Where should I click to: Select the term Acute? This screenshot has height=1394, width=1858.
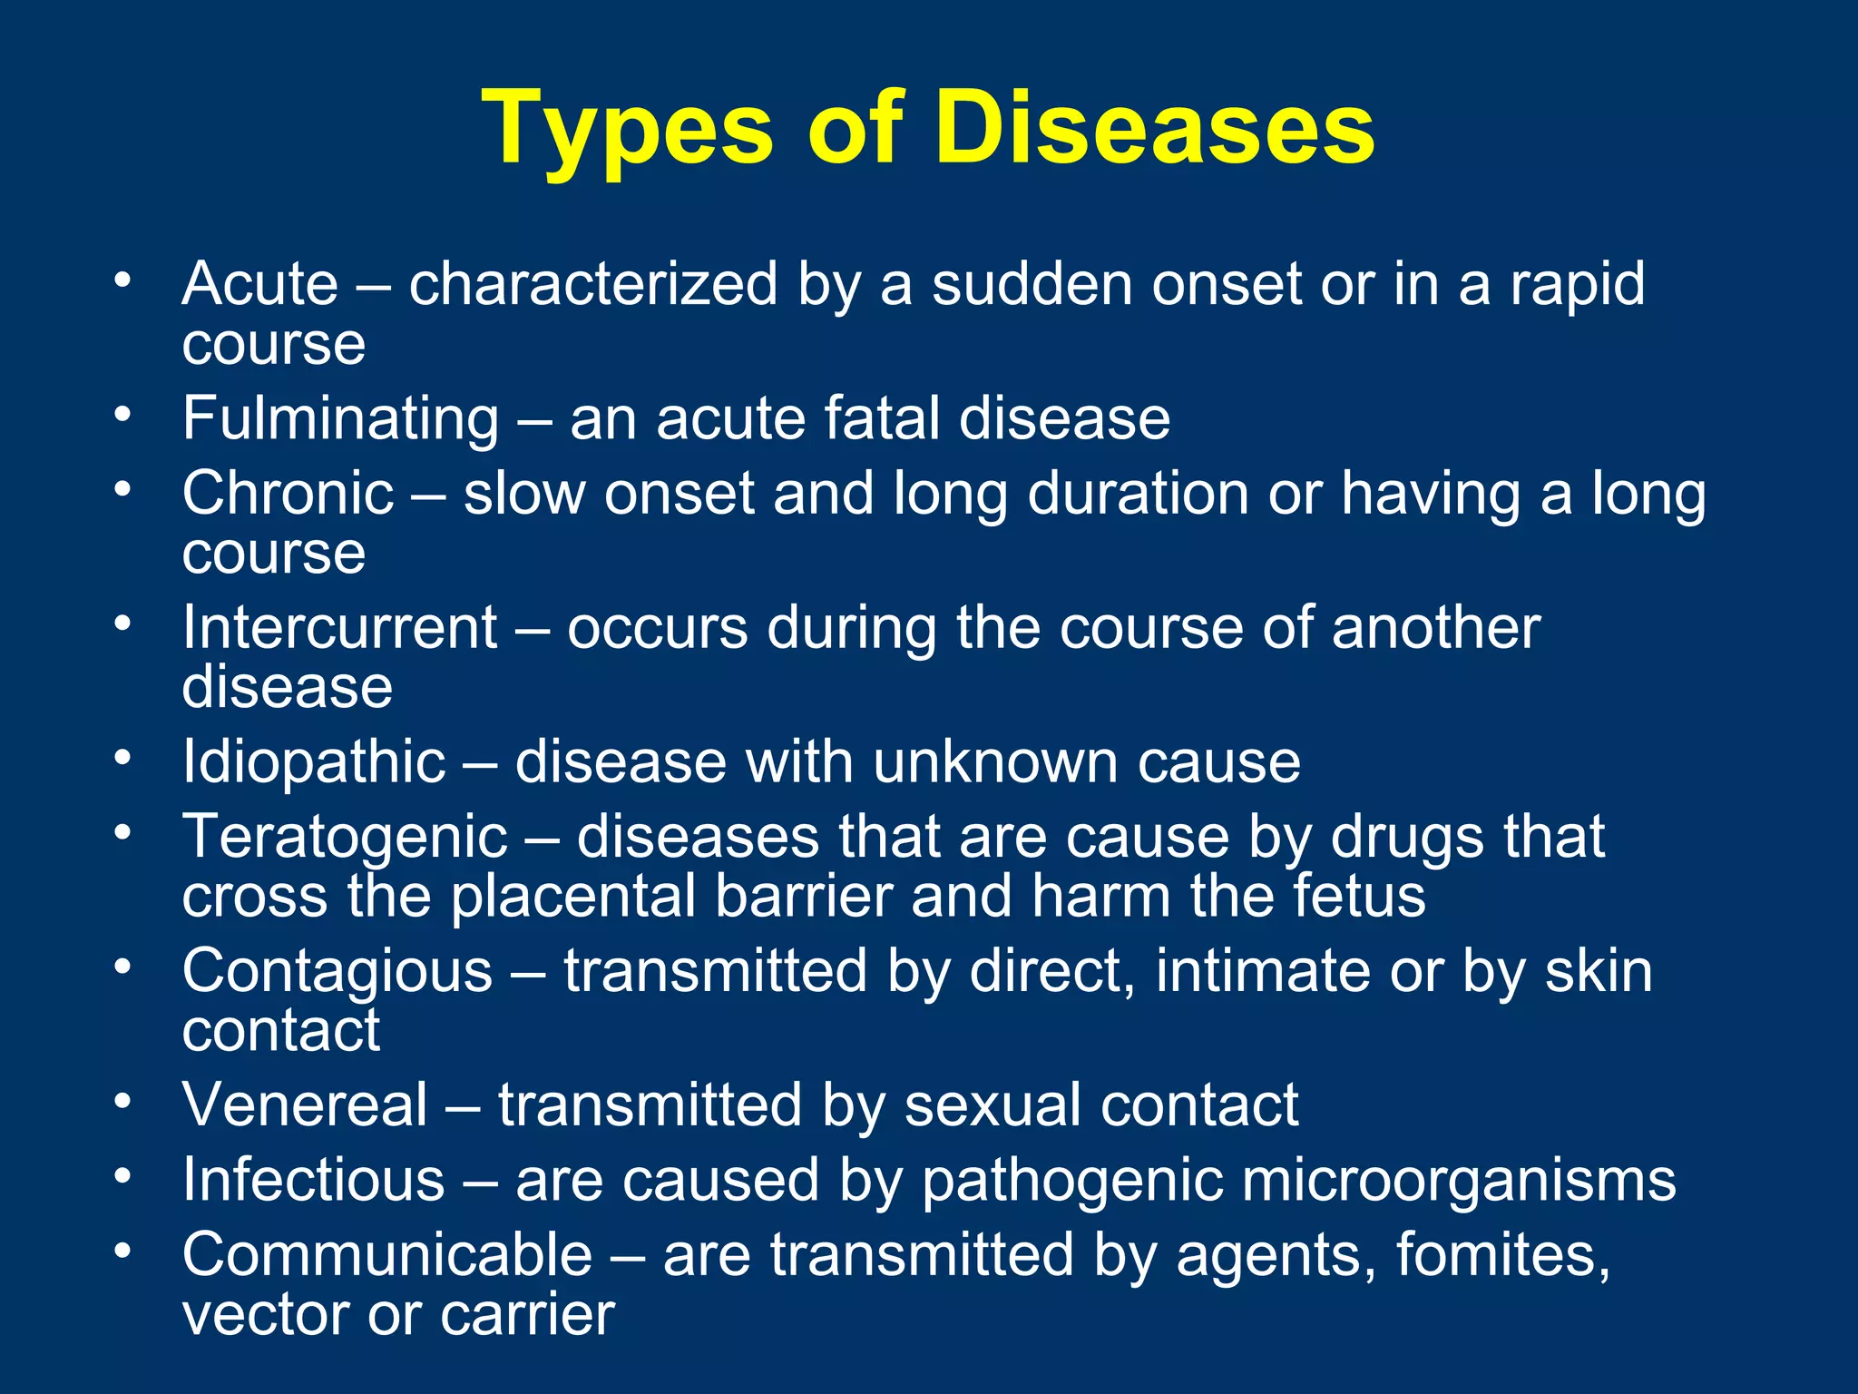click(x=260, y=284)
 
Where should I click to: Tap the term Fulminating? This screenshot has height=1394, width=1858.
click(x=340, y=419)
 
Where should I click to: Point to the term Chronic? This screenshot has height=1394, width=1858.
click(x=288, y=494)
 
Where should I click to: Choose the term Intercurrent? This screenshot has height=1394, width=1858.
click(x=340, y=627)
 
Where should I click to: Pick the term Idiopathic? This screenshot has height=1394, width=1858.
click(x=314, y=761)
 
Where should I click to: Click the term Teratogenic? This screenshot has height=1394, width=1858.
click(x=345, y=837)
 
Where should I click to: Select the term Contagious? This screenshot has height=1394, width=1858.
click(x=337, y=971)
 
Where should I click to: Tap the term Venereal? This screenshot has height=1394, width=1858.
click(x=305, y=1105)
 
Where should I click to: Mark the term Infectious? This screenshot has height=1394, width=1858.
click(x=314, y=1181)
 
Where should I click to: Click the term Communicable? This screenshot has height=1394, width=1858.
click(x=387, y=1255)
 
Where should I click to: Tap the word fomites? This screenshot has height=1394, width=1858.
click(x=1502, y=1255)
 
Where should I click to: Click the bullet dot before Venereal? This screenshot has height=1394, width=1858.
click(x=122, y=1102)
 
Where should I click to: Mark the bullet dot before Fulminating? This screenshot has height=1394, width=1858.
click(x=122, y=416)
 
